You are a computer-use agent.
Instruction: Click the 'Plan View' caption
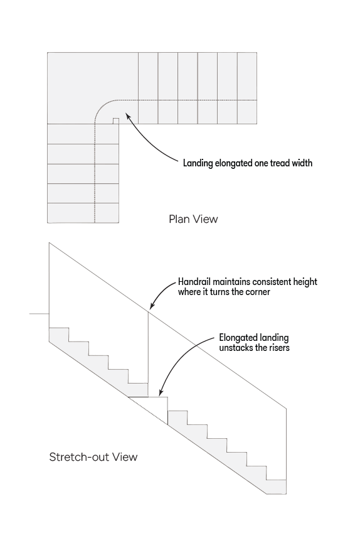193,219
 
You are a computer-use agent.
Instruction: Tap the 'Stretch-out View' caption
93,457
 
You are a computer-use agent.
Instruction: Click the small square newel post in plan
116,121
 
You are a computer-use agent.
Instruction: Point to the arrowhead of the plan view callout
128,116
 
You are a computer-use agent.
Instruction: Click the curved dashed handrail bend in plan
103,106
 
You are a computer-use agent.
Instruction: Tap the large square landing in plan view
93,88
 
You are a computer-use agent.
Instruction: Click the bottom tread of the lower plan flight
83,213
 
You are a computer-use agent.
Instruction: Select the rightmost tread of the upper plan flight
247,88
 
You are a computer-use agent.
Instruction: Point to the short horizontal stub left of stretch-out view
39,314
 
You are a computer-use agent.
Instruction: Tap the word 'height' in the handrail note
305,281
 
